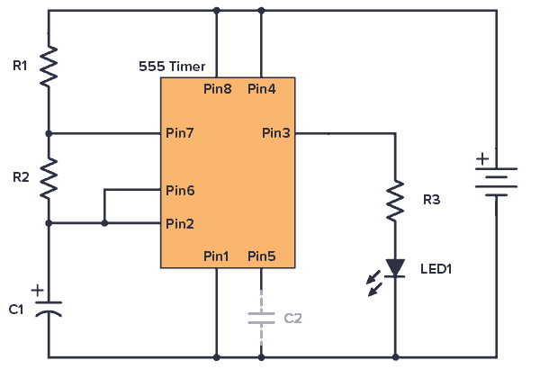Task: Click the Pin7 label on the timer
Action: coord(180,133)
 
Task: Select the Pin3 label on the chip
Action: coord(275,133)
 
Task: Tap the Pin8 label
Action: coord(218,89)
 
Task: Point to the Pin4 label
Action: coord(261,89)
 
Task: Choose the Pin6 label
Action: coord(180,190)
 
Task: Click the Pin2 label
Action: coord(180,223)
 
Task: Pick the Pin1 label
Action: coord(216,256)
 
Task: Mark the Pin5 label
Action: coord(261,256)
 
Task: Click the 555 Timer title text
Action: coord(172,67)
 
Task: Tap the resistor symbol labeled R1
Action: coord(49,66)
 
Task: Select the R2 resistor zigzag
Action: coord(49,176)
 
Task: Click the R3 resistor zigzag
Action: coord(395,201)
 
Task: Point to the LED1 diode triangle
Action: coord(395,267)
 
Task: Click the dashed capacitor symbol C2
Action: coord(261,317)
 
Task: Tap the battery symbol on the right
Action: coord(496,181)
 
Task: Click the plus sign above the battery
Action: coord(482,159)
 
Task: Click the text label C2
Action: coord(293,318)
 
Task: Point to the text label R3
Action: coord(432,199)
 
